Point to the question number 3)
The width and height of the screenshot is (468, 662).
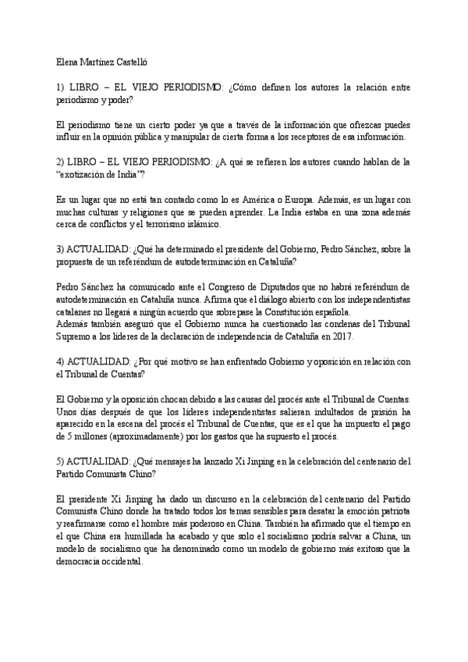click(62, 249)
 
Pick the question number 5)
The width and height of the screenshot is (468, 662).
click(62, 461)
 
